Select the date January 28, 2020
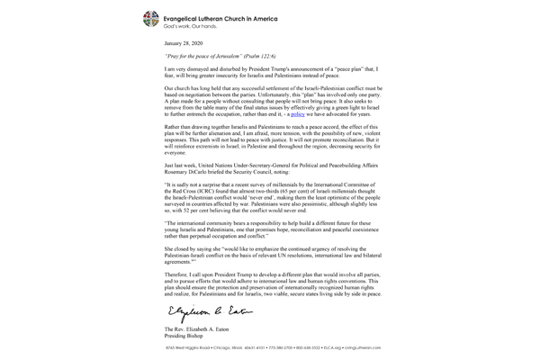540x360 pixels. (185, 42)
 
